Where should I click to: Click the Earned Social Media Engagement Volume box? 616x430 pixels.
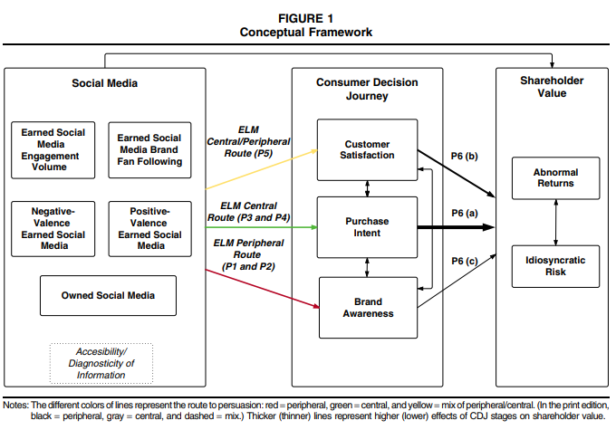[x=53, y=149]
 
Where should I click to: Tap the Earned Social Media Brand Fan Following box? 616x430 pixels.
[x=149, y=149]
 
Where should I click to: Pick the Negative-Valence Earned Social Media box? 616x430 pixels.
[x=53, y=228]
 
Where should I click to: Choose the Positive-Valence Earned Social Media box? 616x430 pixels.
[x=149, y=228]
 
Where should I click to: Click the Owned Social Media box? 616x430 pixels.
[x=108, y=295]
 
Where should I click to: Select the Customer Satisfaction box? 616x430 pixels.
[x=367, y=149]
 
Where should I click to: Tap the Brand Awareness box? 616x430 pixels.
[x=367, y=307]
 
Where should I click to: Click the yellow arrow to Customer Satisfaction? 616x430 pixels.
[x=263, y=168]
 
